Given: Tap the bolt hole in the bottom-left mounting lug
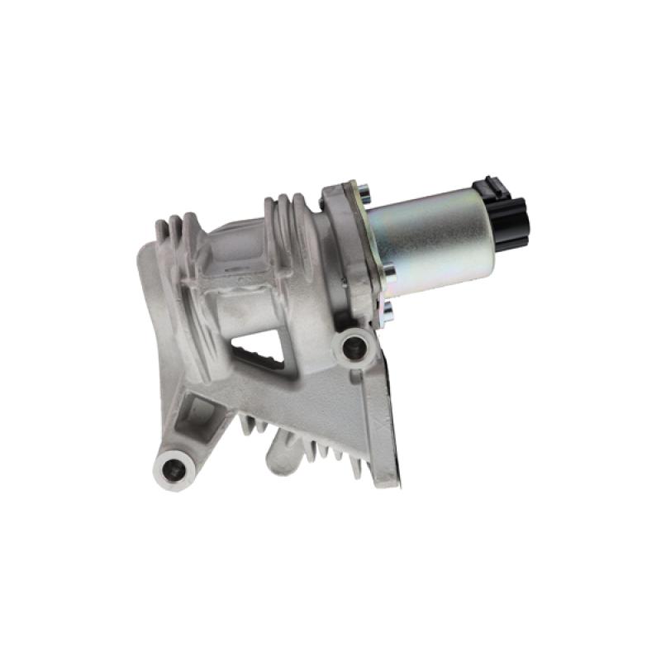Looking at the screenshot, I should pos(174,468).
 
